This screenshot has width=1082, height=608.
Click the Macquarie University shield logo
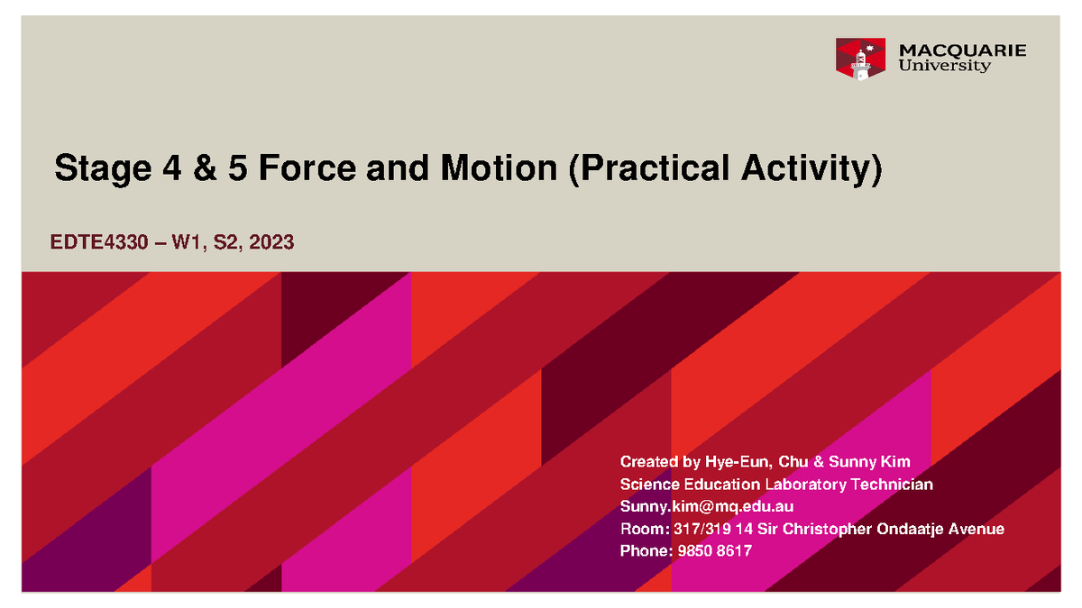point(860,59)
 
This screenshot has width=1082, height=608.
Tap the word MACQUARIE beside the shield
point(962,50)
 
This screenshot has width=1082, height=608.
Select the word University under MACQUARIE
point(944,67)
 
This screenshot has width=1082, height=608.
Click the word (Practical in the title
point(662,168)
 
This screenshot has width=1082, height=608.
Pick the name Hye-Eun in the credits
point(737,462)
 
